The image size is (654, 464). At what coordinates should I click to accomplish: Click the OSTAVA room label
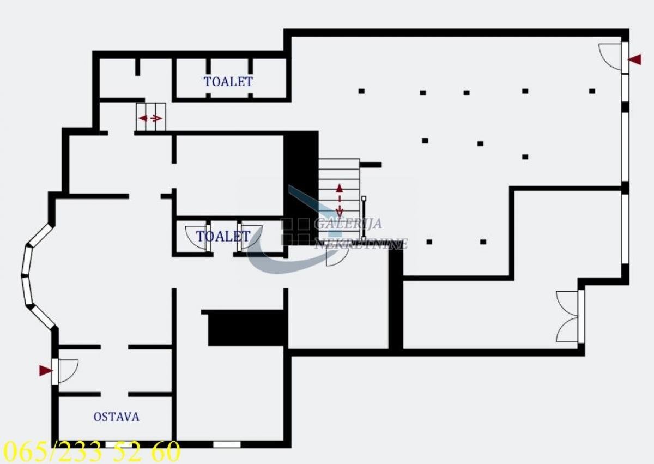coord(116,417)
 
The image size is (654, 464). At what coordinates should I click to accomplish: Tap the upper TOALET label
coord(228,82)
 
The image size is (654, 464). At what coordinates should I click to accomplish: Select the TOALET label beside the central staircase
coord(223,237)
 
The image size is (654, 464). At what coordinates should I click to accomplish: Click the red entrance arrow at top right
coord(634,59)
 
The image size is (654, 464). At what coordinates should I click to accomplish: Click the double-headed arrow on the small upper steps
coord(150,118)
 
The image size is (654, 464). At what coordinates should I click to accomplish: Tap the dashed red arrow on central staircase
coord(340,200)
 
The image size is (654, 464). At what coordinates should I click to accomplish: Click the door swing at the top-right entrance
coord(610,56)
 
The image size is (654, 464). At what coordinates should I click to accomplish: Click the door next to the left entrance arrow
coord(68,371)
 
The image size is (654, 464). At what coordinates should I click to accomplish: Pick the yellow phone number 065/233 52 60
coord(92,452)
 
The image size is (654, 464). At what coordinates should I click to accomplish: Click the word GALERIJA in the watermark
coord(348,224)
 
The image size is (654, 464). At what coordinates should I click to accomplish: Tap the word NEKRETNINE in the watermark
coord(361,244)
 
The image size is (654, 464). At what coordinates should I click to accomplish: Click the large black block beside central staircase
coord(301,185)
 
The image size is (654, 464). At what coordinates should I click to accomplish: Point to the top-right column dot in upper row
coord(592,91)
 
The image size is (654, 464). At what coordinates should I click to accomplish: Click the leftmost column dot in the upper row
coord(361,91)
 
